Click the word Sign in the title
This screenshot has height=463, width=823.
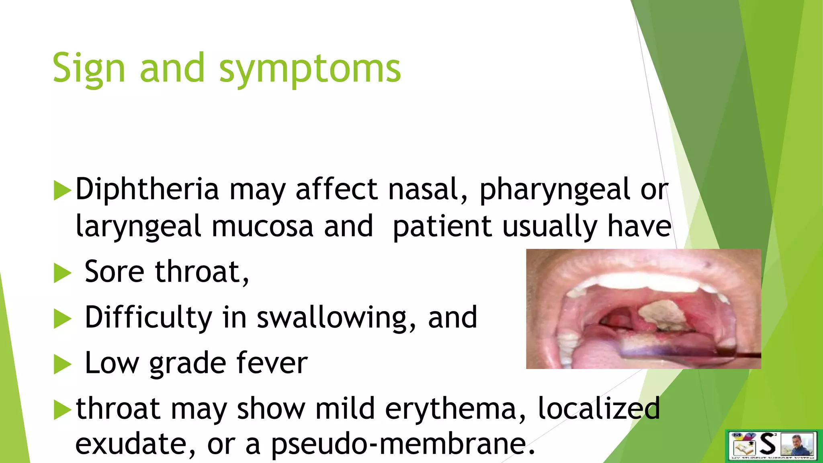(x=88, y=69)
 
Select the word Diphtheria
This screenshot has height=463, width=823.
(x=147, y=189)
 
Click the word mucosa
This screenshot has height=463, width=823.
(x=262, y=226)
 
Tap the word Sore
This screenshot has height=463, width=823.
(x=114, y=272)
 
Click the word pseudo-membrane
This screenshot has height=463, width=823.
(x=403, y=445)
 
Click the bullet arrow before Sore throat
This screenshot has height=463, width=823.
(x=62, y=273)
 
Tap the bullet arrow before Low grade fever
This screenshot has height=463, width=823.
(x=62, y=365)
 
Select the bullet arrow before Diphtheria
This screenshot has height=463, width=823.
(x=62, y=191)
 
